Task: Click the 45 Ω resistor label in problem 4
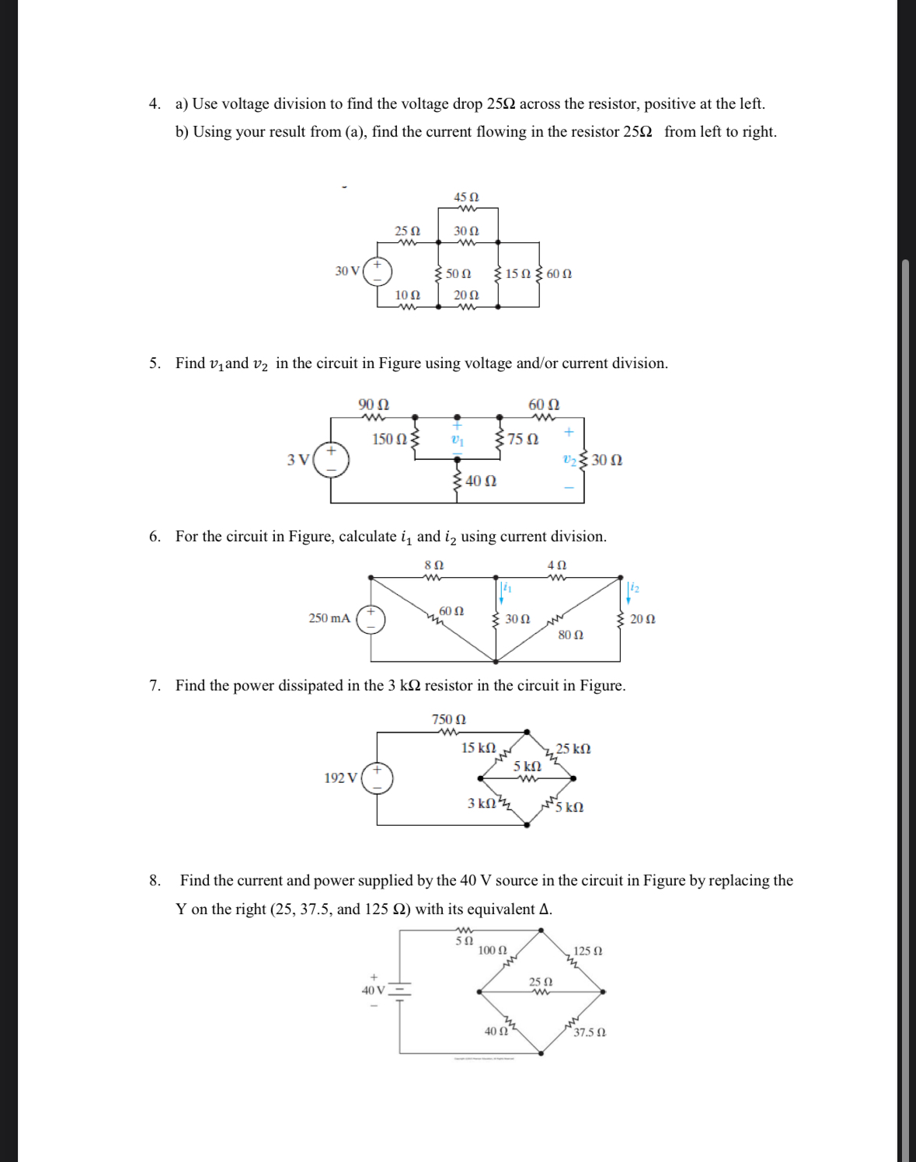point(466,197)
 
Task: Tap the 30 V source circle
point(378,270)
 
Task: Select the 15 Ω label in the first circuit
point(517,273)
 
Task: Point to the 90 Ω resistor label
point(374,405)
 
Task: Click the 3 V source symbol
point(331,460)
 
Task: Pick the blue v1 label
point(457,440)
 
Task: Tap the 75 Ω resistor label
point(523,440)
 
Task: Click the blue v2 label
point(569,460)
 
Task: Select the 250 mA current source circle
point(371,619)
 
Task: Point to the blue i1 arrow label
point(507,587)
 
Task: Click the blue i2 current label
point(634,587)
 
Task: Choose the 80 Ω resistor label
point(571,635)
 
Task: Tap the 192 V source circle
point(378,778)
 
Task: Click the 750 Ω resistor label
point(449,719)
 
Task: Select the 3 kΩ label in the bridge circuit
point(482,802)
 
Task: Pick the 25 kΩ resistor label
point(573,749)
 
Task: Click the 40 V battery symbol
point(399,990)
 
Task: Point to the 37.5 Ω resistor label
point(590,1032)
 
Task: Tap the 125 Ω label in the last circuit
point(588,951)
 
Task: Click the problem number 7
point(155,685)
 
